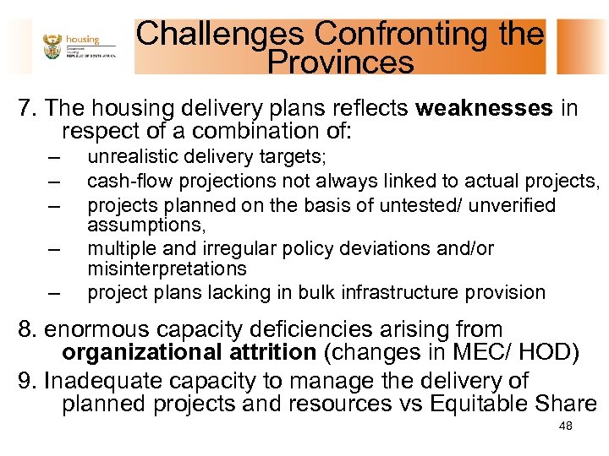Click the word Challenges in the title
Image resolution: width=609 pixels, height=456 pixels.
click(x=222, y=35)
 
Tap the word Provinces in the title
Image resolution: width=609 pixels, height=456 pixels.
click(x=340, y=62)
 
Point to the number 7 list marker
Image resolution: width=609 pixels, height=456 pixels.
click(x=25, y=109)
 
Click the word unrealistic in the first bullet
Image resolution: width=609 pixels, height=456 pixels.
click(x=128, y=157)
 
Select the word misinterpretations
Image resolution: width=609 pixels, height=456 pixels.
click(x=167, y=269)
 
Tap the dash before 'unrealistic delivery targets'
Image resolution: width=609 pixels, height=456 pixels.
click(x=55, y=158)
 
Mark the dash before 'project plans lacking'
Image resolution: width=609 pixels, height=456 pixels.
click(x=55, y=294)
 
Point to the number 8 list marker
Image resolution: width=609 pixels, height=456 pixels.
click(x=25, y=329)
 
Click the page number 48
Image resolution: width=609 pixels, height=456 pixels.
click(x=566, y=426)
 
